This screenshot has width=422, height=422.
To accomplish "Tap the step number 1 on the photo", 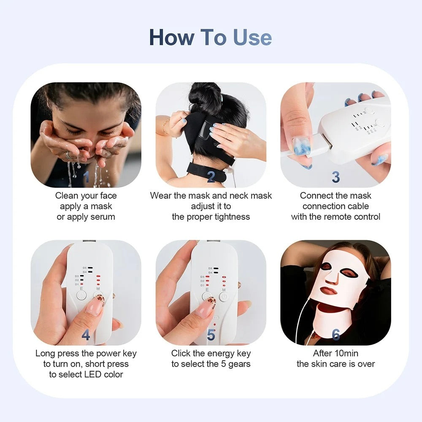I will click(86, 177).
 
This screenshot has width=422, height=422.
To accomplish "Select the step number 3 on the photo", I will click(335, 177).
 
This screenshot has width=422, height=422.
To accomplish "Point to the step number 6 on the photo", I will click(335, 335).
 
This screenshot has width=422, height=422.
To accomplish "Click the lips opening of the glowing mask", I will click(329, 291).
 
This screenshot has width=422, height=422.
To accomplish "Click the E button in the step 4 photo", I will click(81, 295).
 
